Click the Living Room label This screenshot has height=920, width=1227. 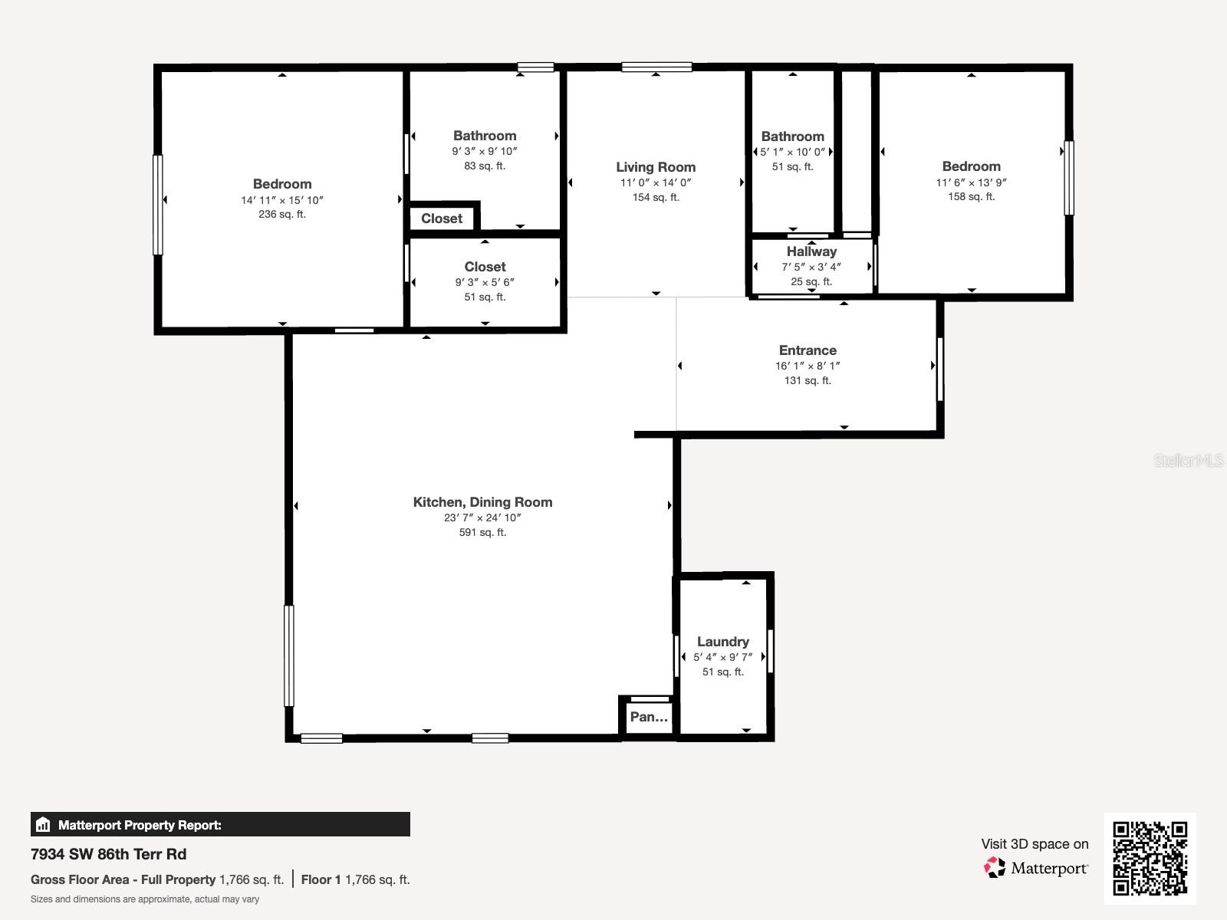[656, 167]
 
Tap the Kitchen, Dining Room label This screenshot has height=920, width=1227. [482, 502]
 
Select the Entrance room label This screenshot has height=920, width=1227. [808, 350]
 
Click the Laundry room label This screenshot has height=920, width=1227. [723, 642]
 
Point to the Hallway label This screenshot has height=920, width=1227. [811, 251]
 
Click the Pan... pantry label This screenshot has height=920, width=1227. [649, 717]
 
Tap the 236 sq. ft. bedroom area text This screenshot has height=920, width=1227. [281, 214]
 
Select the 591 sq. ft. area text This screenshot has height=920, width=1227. [482, 532]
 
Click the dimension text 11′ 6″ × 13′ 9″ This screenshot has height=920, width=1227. [971, 182]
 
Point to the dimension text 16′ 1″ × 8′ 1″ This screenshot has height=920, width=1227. [808, 366]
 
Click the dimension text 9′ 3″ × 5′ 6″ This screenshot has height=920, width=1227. [485, 282]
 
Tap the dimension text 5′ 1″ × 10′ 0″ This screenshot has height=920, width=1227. [792, 152]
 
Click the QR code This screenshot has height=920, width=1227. [1150, 858]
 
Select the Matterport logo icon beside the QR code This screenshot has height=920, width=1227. [995, 868]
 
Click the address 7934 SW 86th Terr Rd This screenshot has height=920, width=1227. [108, 854]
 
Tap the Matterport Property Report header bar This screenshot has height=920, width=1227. [220, 824]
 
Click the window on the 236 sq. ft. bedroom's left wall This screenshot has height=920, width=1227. [158, 205]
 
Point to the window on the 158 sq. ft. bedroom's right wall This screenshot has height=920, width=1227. [1069, 178]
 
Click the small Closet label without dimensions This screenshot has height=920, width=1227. [442, 219]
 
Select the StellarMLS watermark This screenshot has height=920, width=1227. [1189, 460]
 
